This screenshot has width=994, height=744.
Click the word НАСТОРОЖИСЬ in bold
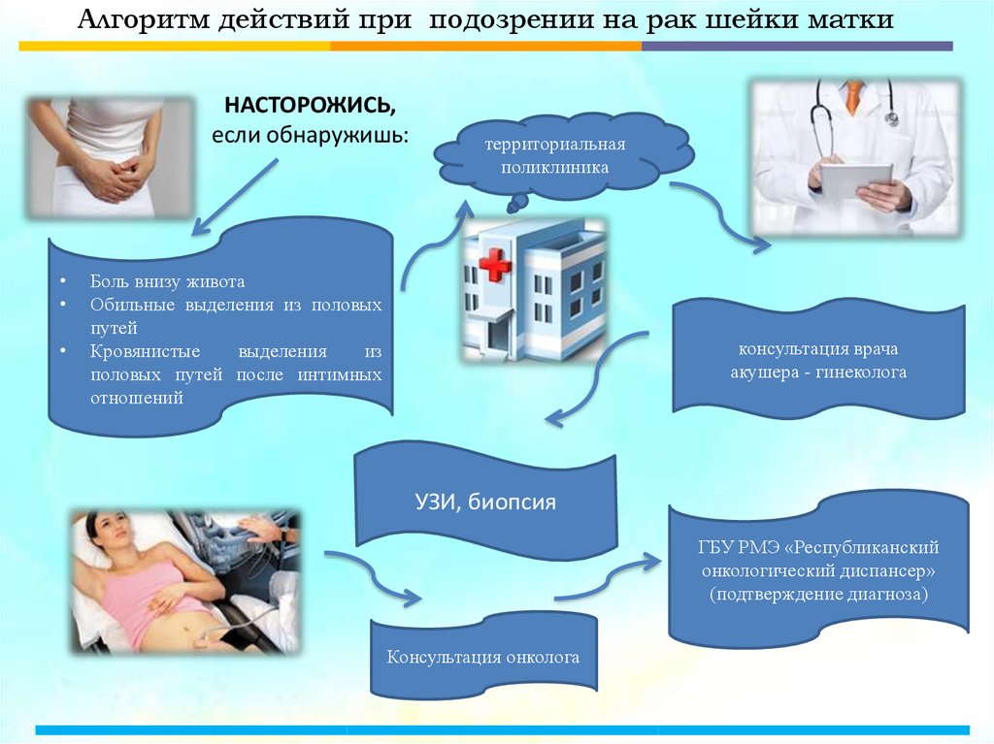tap(311, 104)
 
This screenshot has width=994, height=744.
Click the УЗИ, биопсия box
tap(485, 501)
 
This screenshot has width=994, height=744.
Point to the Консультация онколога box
tap(482, 658)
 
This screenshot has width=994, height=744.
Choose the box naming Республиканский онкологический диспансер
tap(818, 571)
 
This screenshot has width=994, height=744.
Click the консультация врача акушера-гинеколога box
tap(817, 360)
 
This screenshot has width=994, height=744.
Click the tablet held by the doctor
tap(855, 179)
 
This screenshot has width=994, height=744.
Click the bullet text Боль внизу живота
tap(168, 281)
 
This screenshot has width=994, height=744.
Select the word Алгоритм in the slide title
tap(125, 20)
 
